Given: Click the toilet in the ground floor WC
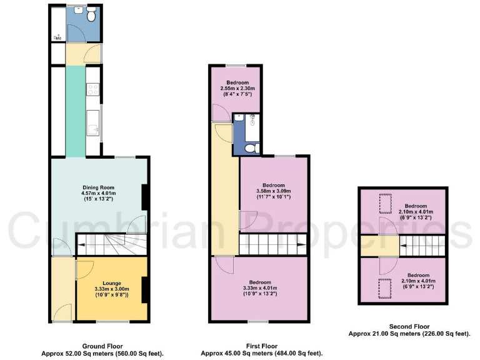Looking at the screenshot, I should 91,16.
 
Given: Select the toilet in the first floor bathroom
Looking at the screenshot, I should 250,147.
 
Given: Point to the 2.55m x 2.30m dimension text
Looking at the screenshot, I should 237,89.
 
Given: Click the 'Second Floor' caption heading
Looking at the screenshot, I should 409,326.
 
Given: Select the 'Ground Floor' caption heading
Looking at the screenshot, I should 102,346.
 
